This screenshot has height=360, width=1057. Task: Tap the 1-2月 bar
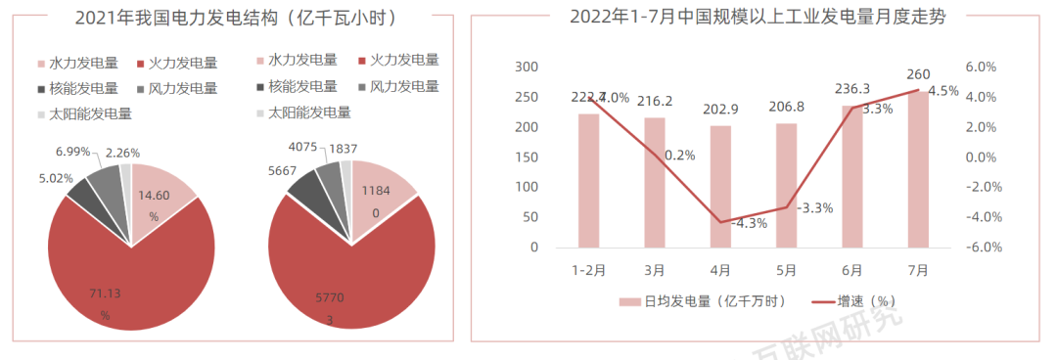[589, 180]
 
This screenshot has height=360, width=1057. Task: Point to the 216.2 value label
[655, 101]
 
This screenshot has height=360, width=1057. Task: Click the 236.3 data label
[851, 88]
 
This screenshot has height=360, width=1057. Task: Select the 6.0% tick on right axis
[981, 67]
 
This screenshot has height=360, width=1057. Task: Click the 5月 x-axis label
[786, 270]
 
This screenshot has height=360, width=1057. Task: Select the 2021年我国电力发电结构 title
[229, 17]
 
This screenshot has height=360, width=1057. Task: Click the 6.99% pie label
[73, 152]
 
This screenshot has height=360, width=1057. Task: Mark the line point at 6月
[851, 108]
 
